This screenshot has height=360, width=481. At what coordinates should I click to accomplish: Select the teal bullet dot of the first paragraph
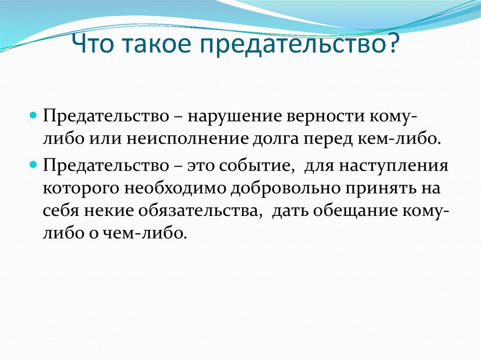click(x=33, y=116)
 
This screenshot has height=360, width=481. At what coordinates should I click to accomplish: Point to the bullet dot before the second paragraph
click(x=33, y=165)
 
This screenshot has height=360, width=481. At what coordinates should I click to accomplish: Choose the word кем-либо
click(x=397, y=138)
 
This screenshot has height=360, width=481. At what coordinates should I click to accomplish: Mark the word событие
click(x=255, y=166)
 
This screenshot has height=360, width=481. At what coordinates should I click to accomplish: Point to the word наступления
click(x=394, y=166)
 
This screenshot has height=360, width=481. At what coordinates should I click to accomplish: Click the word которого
click(x=81, y=188)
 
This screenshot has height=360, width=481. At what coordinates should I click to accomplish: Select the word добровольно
click(x=286, y=187)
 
